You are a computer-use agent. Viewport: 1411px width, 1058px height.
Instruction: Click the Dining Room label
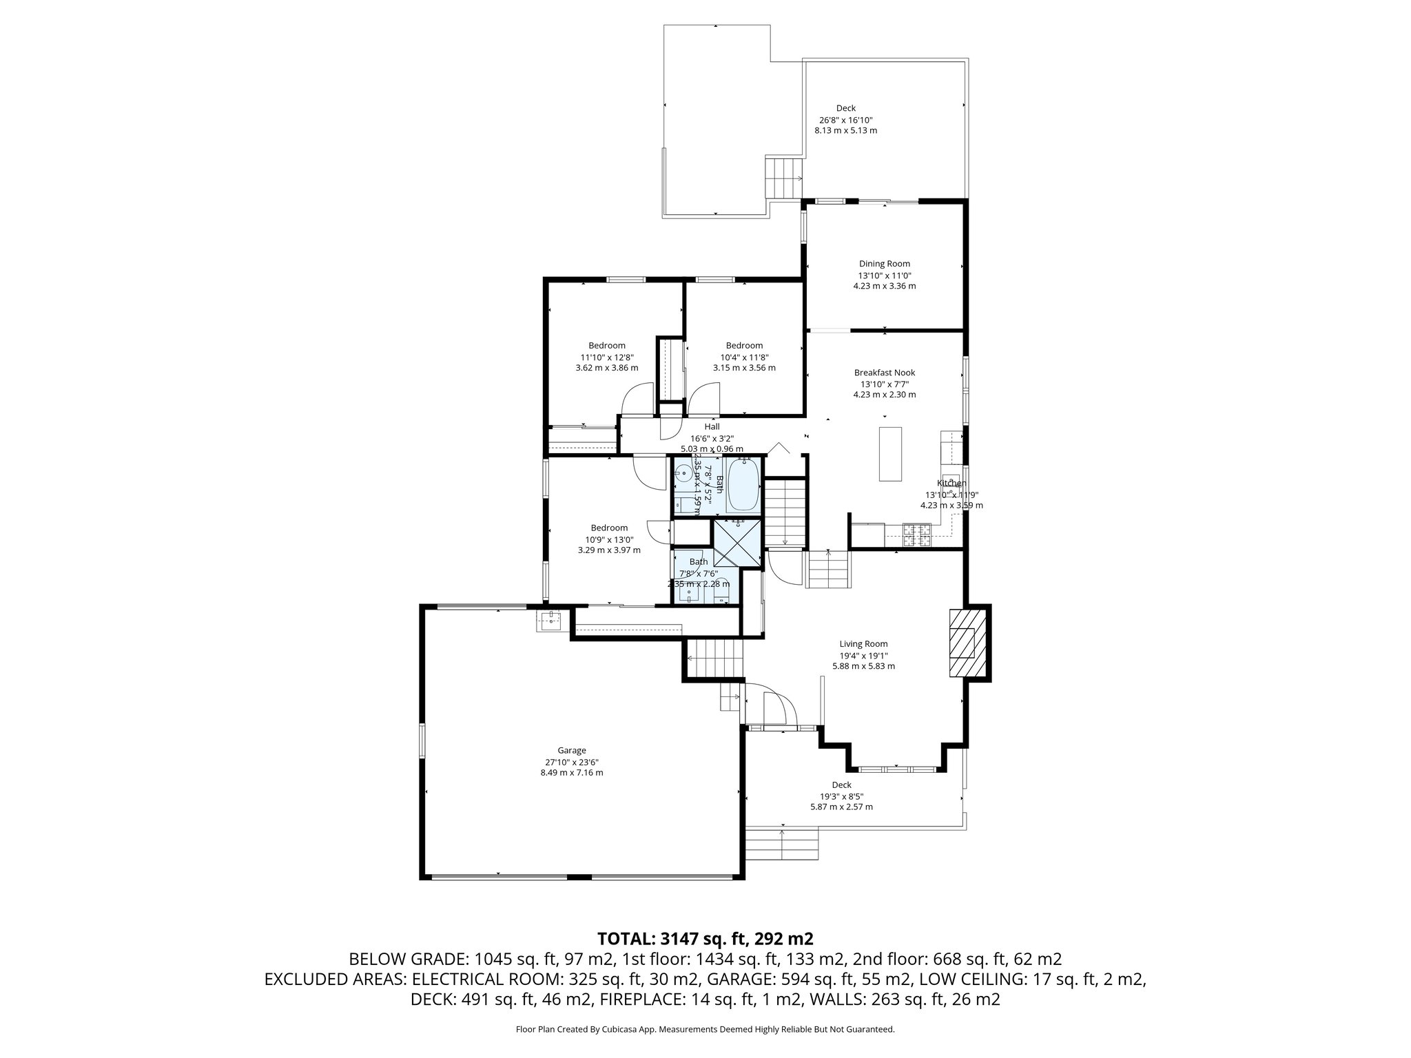point(884,263)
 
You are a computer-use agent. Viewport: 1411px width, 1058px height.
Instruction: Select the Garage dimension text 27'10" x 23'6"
point(571,762)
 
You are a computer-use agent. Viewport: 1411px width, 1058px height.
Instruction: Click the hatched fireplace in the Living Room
point(962,644)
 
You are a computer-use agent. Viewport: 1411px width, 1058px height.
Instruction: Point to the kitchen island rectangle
point(890,454)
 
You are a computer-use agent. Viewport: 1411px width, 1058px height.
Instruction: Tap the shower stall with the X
point(738,544)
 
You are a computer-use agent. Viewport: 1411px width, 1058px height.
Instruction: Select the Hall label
point(712,427)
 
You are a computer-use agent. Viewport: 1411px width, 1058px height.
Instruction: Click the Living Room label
point(863,644)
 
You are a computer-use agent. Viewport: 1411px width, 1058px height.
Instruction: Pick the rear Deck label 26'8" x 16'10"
point(845,119)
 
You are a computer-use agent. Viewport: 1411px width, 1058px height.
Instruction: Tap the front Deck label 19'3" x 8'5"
point(841,796)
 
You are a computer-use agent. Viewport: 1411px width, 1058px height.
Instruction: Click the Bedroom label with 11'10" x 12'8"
point(606,346)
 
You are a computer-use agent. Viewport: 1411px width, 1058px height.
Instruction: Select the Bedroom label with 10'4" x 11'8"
point(744,346)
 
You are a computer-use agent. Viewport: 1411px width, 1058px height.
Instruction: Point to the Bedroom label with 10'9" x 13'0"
point(609,528)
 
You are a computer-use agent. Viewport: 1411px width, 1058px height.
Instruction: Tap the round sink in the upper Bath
point(683,473)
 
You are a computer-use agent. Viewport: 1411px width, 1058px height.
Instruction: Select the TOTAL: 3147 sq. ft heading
point(705,938)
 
